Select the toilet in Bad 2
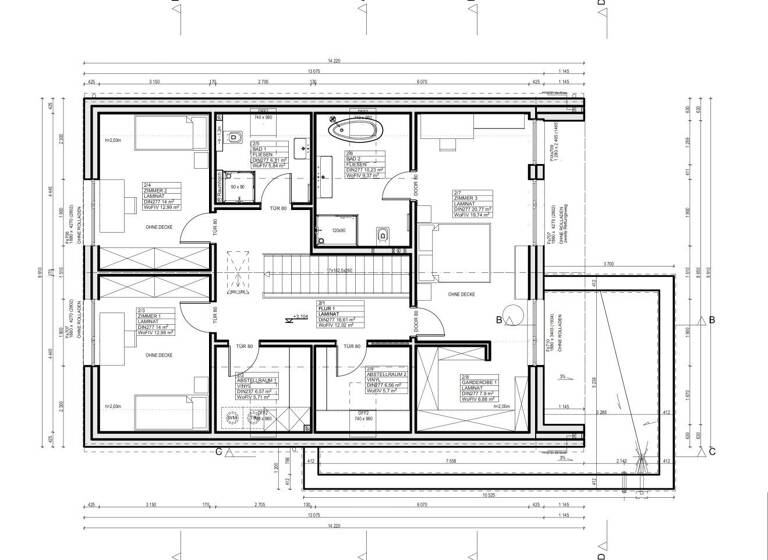tap(382, 234)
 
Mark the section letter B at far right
tap(712, 320)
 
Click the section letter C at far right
tap(712, 450)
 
